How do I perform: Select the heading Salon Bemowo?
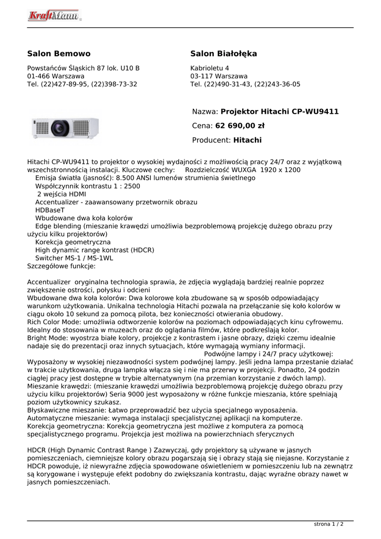(x=59, y=54)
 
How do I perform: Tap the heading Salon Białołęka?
(x=223, y=54)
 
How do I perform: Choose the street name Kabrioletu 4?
(x=210, y=68)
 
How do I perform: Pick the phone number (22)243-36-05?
(x=277, y=84)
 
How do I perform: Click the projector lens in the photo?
(x=61, y=128)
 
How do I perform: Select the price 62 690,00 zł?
(x=240, y=126)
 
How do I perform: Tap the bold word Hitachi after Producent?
(x=247, y=140)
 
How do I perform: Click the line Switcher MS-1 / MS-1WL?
(x=74, y=258)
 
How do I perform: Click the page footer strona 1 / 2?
(x=328, y=524)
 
